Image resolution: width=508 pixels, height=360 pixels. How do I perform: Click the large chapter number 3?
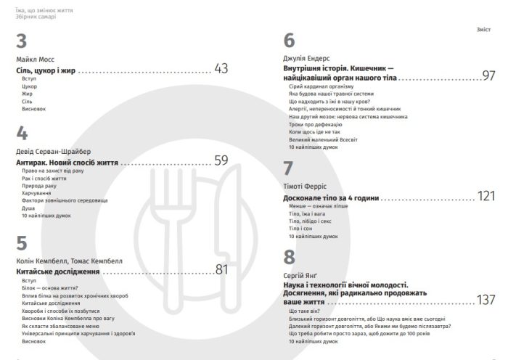click(22, 42)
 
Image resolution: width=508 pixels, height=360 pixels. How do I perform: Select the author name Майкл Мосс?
click(34, 58)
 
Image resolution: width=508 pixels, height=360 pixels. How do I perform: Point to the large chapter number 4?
click(22, 134)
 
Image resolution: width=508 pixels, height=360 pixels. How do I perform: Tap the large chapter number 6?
click(290, 41)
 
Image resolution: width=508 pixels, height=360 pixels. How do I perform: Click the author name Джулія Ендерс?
click(309, 57)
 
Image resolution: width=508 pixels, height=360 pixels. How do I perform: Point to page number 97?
click(488, 75)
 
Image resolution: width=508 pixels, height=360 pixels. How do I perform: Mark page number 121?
click(486, 196)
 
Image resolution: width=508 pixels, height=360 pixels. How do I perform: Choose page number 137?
click(486, 300)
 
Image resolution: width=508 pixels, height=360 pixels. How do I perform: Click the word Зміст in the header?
click(483, 30)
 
